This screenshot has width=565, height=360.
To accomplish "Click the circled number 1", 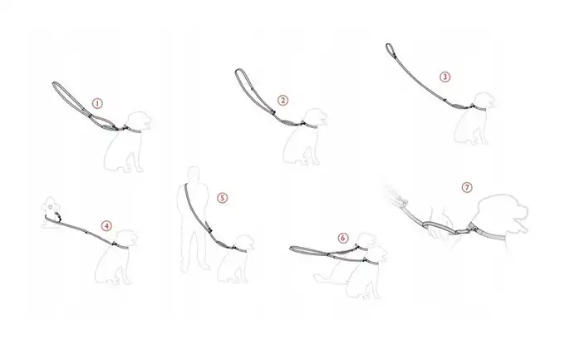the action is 97,104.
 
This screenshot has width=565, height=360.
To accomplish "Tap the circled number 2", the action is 282,101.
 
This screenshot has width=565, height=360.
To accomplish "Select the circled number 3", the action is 445,76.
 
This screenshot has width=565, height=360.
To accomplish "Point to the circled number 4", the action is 106,226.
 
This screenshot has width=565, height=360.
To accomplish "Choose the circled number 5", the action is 223,198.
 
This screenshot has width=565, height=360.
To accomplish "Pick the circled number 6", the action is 343,238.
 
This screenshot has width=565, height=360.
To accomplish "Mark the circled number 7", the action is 467,188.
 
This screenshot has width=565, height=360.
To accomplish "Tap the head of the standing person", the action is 194,173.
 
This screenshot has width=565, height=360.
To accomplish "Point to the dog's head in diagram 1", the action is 140,121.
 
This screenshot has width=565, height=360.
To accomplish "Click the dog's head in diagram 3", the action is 484,100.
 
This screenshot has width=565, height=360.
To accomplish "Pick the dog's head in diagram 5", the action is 244,243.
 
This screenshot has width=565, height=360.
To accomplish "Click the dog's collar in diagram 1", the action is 132,129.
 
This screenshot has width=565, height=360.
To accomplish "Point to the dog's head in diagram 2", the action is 315,117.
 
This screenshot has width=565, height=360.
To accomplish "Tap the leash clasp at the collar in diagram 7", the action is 472,226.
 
